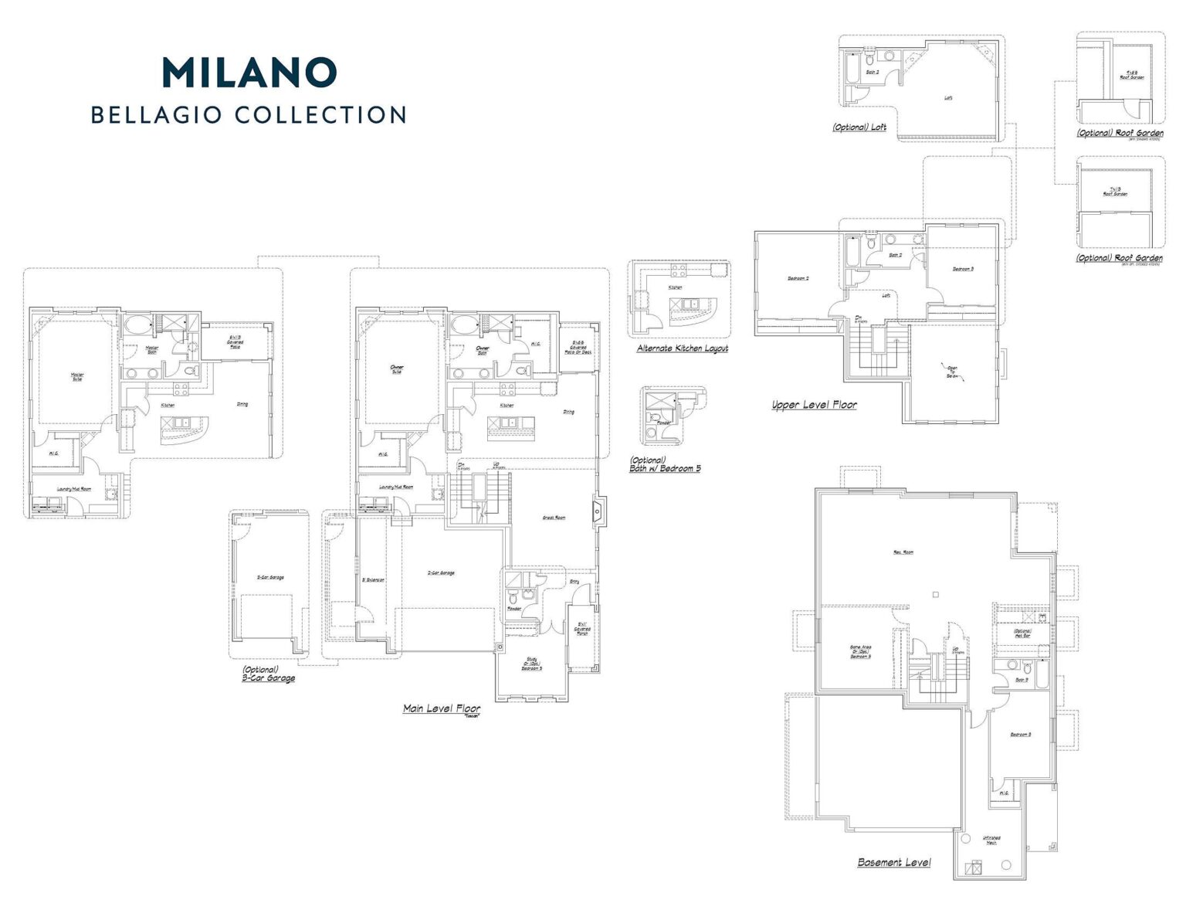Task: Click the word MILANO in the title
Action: (249, 72)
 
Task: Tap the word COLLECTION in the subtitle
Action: (320, 115)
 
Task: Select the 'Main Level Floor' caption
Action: (441, 708)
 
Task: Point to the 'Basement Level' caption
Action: (893, 862)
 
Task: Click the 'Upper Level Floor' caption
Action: (814, 405)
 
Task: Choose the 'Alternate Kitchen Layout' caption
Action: (682, 348)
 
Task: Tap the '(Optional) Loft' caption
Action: (859, 127)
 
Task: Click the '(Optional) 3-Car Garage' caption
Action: (268, 674)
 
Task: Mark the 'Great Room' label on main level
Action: (554, 518)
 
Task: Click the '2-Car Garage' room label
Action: (441, 573)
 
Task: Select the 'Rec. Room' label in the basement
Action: (903, 552)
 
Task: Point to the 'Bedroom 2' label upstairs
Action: (798, 278)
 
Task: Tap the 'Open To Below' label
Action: (952, 372)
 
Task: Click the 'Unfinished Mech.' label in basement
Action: (991, 840)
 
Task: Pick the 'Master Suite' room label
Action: (77, 377)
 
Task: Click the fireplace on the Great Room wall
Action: (597, 511)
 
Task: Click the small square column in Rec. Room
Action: (935, 594)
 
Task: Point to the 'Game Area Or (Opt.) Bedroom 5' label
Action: (860, 651)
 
